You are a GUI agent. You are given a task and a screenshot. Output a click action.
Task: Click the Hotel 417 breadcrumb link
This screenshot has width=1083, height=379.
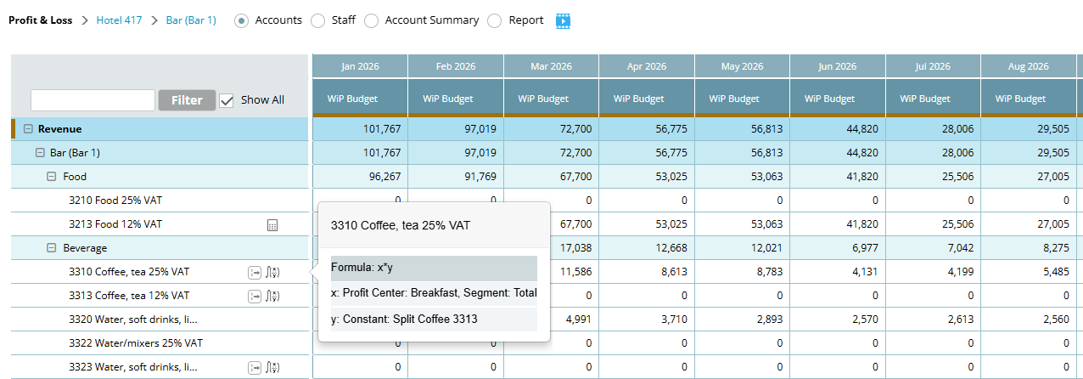point(119,20)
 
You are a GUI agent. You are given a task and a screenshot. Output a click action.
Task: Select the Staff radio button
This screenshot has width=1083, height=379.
point(317,20)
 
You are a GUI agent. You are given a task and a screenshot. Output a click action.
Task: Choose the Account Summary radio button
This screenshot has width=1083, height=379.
point(371,20)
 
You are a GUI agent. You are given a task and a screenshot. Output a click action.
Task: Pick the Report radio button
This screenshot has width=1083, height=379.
point(495,20)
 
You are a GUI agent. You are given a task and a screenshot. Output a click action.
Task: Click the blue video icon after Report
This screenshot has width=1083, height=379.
point(563,20)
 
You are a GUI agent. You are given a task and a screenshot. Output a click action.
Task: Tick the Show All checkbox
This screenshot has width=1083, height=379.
point(227,100)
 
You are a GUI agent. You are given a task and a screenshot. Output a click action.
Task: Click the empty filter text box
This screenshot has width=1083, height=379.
point(93,100)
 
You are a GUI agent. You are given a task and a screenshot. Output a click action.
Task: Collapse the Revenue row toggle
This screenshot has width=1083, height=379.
point(29,129)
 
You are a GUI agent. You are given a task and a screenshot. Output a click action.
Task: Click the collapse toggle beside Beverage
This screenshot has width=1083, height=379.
point(51,248)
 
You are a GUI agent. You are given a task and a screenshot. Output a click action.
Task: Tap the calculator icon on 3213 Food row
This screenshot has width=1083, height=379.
point(272,225)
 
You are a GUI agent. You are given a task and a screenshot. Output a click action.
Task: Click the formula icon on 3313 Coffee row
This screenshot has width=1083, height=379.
point(272,296)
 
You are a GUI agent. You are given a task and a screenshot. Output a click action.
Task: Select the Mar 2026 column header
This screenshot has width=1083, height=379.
point(551,66)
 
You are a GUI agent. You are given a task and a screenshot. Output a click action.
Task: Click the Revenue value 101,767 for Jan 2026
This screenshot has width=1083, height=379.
point(382,129)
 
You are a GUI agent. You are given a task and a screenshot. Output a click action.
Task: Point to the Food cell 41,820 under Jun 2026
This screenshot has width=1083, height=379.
point(862,176)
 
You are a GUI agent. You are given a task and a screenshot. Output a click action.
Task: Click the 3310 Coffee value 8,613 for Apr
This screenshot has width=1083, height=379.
point(674,272)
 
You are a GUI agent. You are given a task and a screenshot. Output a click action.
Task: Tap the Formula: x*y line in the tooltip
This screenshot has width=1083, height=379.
point(362,268)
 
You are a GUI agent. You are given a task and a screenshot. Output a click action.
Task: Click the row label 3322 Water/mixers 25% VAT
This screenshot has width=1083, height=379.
point(136,343)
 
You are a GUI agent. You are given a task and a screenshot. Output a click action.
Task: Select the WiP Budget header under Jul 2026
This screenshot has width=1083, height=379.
point(925,99)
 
